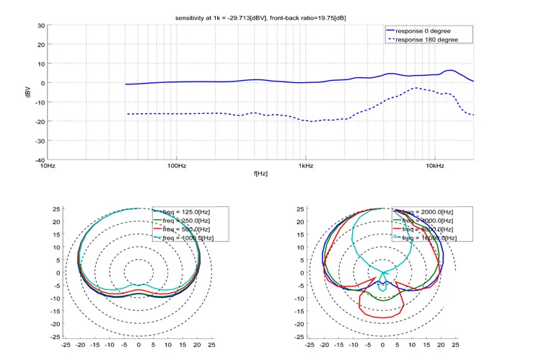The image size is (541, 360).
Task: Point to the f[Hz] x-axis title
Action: pyautogui.click(x=260, y=174)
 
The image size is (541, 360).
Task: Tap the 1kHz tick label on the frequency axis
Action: pyautogui.click(x=305, y=167)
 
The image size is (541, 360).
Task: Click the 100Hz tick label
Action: pyautogui.click(x=177, y=167)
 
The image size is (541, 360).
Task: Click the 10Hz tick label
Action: pyautogui.click(x=48, y=167)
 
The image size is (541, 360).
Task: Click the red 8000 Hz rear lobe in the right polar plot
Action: pyautogui.click(x=382, y=317)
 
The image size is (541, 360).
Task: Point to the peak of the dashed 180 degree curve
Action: pyautogui.click(x=415, y=88)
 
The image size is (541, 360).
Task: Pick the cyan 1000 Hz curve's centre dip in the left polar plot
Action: pyautogui.click(x=139, y=284)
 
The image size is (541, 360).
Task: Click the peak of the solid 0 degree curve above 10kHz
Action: pyautogui.click(x=450, y=71)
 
